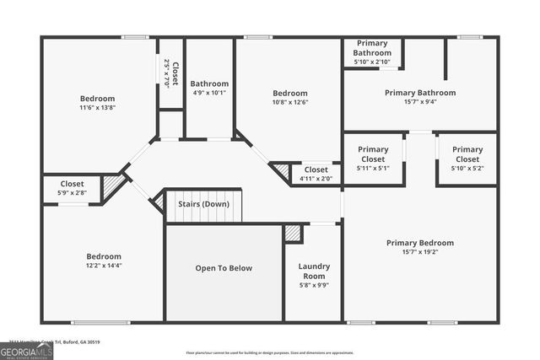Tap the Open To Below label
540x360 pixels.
pos(224,268)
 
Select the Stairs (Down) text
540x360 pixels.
pos(203,204)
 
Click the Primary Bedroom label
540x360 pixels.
pos(420,243)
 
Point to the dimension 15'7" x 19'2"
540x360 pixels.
pos(420,252)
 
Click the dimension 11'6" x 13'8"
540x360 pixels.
pos(97,108)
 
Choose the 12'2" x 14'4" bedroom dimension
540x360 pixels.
pos(104,266)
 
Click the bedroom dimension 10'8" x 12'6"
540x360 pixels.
pos(289,103)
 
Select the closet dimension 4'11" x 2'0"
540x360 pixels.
pos(316,179)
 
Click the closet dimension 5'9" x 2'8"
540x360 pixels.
pos(72,193)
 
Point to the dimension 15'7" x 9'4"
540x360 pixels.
pos(420,102)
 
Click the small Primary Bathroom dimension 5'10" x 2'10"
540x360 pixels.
pos(372,62)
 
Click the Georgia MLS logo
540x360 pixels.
pos(26,350)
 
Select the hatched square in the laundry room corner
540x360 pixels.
pos(293,233)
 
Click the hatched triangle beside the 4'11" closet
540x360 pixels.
pos(281,172)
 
